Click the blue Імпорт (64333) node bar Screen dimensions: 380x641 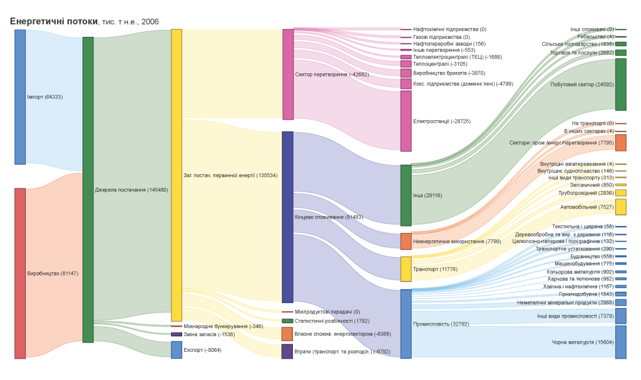(20, 97)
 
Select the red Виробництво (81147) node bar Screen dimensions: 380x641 (20, 273)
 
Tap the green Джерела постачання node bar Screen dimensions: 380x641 (88, 190)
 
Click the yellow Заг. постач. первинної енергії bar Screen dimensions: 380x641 (177, 175)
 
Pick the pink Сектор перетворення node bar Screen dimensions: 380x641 (288, 74)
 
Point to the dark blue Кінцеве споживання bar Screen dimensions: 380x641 (288, 217)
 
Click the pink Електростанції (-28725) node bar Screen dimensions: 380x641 (406, 121)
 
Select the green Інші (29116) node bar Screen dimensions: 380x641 (406, 195)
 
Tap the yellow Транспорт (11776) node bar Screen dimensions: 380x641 (406, 269)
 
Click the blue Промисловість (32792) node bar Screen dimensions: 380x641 (406, 324)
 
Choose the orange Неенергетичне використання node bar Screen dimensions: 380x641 (406, 241)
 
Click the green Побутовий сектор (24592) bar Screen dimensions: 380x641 (620, 85)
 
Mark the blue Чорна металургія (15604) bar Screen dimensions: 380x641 (620, 342)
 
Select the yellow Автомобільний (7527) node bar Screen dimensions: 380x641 (620, 207)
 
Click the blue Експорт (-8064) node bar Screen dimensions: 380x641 (177, 350)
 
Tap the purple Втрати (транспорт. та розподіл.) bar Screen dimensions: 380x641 (287, 351)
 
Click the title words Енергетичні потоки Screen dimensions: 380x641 (54, 21)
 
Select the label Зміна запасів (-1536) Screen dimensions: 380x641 (209, 334)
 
